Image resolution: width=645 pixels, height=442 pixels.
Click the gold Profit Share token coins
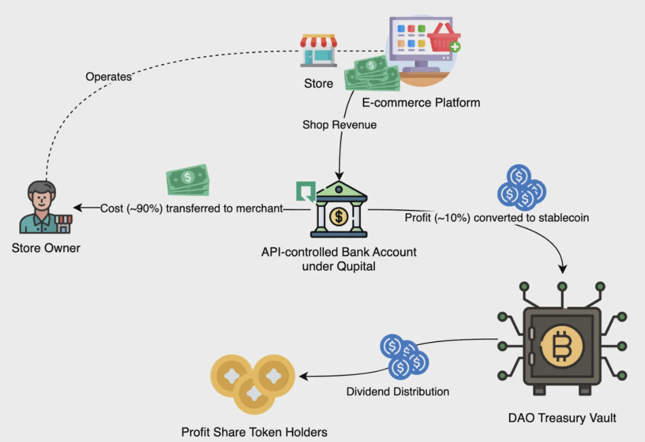(253, 383)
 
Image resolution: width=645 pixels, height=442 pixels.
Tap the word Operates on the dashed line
(108, 77)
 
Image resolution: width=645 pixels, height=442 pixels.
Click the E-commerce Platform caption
(420, 102)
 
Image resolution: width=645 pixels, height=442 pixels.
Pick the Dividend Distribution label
(398, 392)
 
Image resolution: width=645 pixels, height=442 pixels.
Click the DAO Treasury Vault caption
(561, 417)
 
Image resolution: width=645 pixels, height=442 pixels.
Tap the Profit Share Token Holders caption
(254, 431)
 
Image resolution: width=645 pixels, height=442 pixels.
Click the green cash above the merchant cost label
(188, 179)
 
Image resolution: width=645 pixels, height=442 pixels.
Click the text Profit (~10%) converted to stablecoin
(496, 218)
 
